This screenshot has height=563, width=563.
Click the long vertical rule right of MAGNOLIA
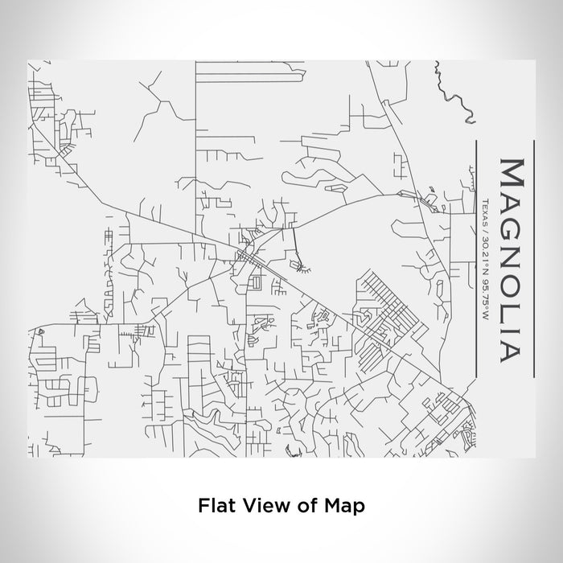coord(534,257)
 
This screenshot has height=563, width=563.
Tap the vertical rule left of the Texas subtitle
coord(476,257)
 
